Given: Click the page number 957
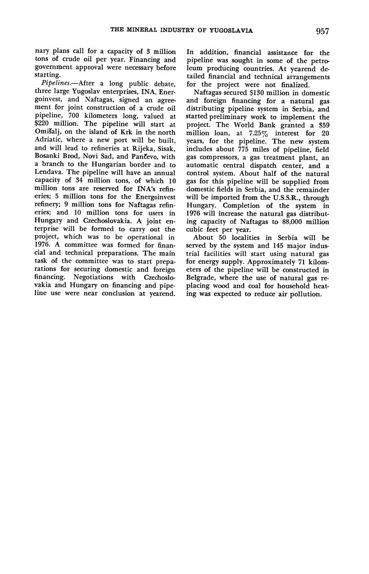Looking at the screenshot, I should [x=322, y=31].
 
